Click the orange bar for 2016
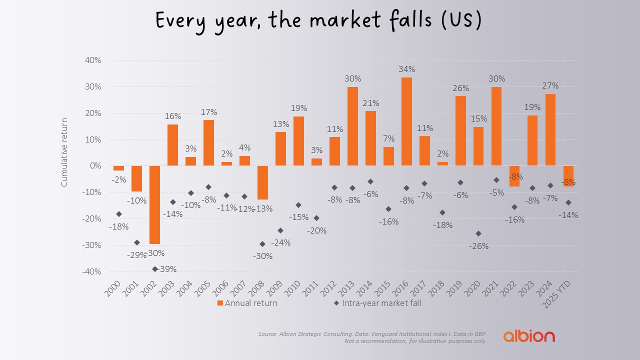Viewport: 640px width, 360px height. coord(406,121)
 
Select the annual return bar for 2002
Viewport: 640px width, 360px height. coord(154,204)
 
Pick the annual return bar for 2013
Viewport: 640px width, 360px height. coord(352,126)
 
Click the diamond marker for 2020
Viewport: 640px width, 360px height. coord(478,233)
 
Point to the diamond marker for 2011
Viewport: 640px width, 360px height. coord(316,218)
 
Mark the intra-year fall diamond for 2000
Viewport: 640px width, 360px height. coord(118,214)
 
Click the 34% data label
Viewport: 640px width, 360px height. coord(406,69)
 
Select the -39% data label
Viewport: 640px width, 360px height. coord(167,269)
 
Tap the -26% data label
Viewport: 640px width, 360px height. coord(478,246)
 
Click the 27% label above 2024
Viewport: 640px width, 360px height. coord(550,85)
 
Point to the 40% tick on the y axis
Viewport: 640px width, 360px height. coord(93,60)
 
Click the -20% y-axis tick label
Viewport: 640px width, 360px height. coord(91,218)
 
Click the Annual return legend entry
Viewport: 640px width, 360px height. coord(247,303)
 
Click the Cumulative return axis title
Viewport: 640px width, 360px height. coord(64,152)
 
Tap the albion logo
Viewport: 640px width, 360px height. coord(528,335)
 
